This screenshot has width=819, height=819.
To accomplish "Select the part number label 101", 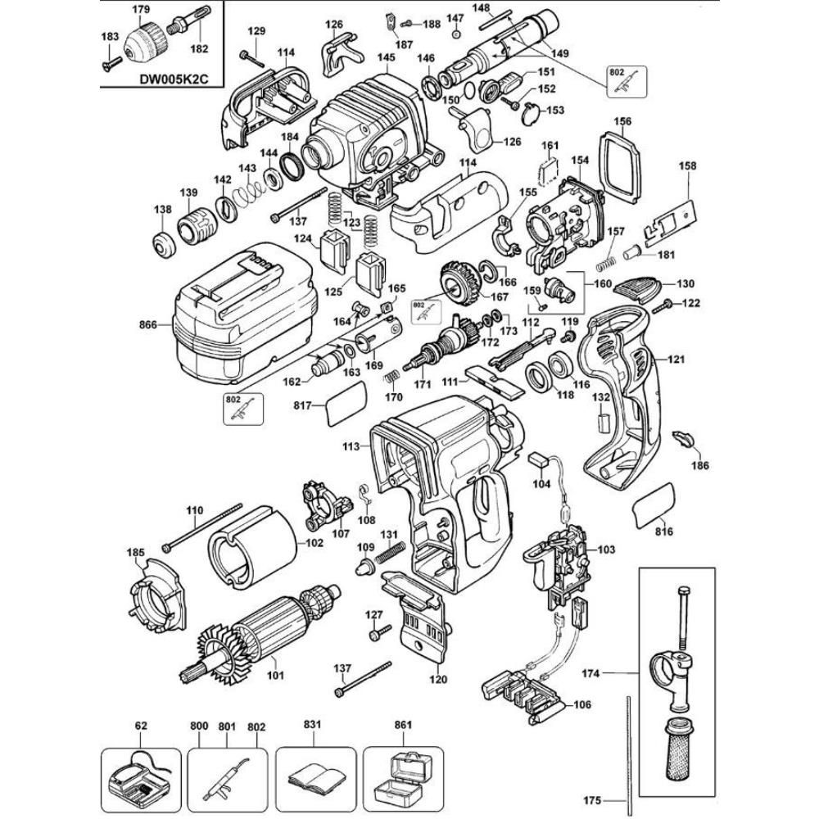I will tap(276, 676).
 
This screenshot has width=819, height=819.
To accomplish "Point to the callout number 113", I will tap(351, 446).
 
